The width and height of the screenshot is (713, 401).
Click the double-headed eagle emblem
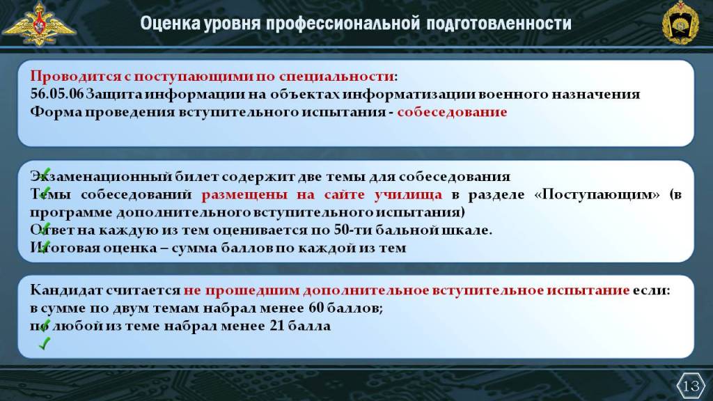[x=39, y=24]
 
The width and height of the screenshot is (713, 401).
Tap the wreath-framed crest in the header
[x=680, y=23]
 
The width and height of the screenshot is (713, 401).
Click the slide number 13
[x=691, y=386]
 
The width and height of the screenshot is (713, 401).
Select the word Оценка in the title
[x=170, y=23]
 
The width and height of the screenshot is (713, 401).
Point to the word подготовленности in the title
[x=499, y=24]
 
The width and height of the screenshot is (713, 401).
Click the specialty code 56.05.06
[x=57, y=94]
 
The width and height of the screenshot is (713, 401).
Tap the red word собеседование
[x=452, y=112]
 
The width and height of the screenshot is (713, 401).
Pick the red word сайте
[x=344, y=195]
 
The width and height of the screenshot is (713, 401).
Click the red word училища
[x=408, y=195]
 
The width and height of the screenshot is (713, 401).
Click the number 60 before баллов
[x=316, y=308]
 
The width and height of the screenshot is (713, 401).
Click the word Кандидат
[x=67, y=290]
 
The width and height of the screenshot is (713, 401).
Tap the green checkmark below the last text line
[x=44, y=343]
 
